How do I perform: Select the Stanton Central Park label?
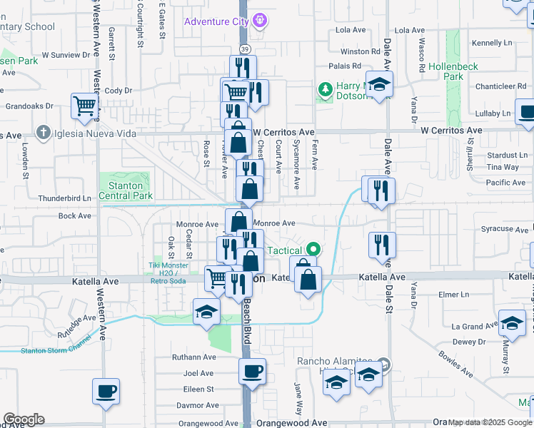125,190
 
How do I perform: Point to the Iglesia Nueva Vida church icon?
44,133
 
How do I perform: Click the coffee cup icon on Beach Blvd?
253,371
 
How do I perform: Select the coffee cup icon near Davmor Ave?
106,391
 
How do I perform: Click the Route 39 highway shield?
244,49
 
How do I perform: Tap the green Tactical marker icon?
312,250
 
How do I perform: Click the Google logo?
24,419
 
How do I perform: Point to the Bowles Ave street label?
455,363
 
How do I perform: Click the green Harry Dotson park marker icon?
326,90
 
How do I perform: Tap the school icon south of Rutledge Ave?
206,312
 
